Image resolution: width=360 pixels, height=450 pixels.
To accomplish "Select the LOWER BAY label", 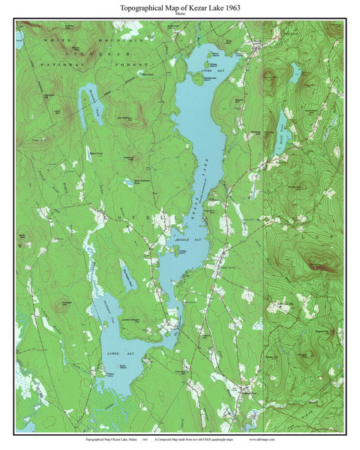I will coord(115,350).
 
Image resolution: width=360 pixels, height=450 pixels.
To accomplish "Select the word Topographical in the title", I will coord(146,7).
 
